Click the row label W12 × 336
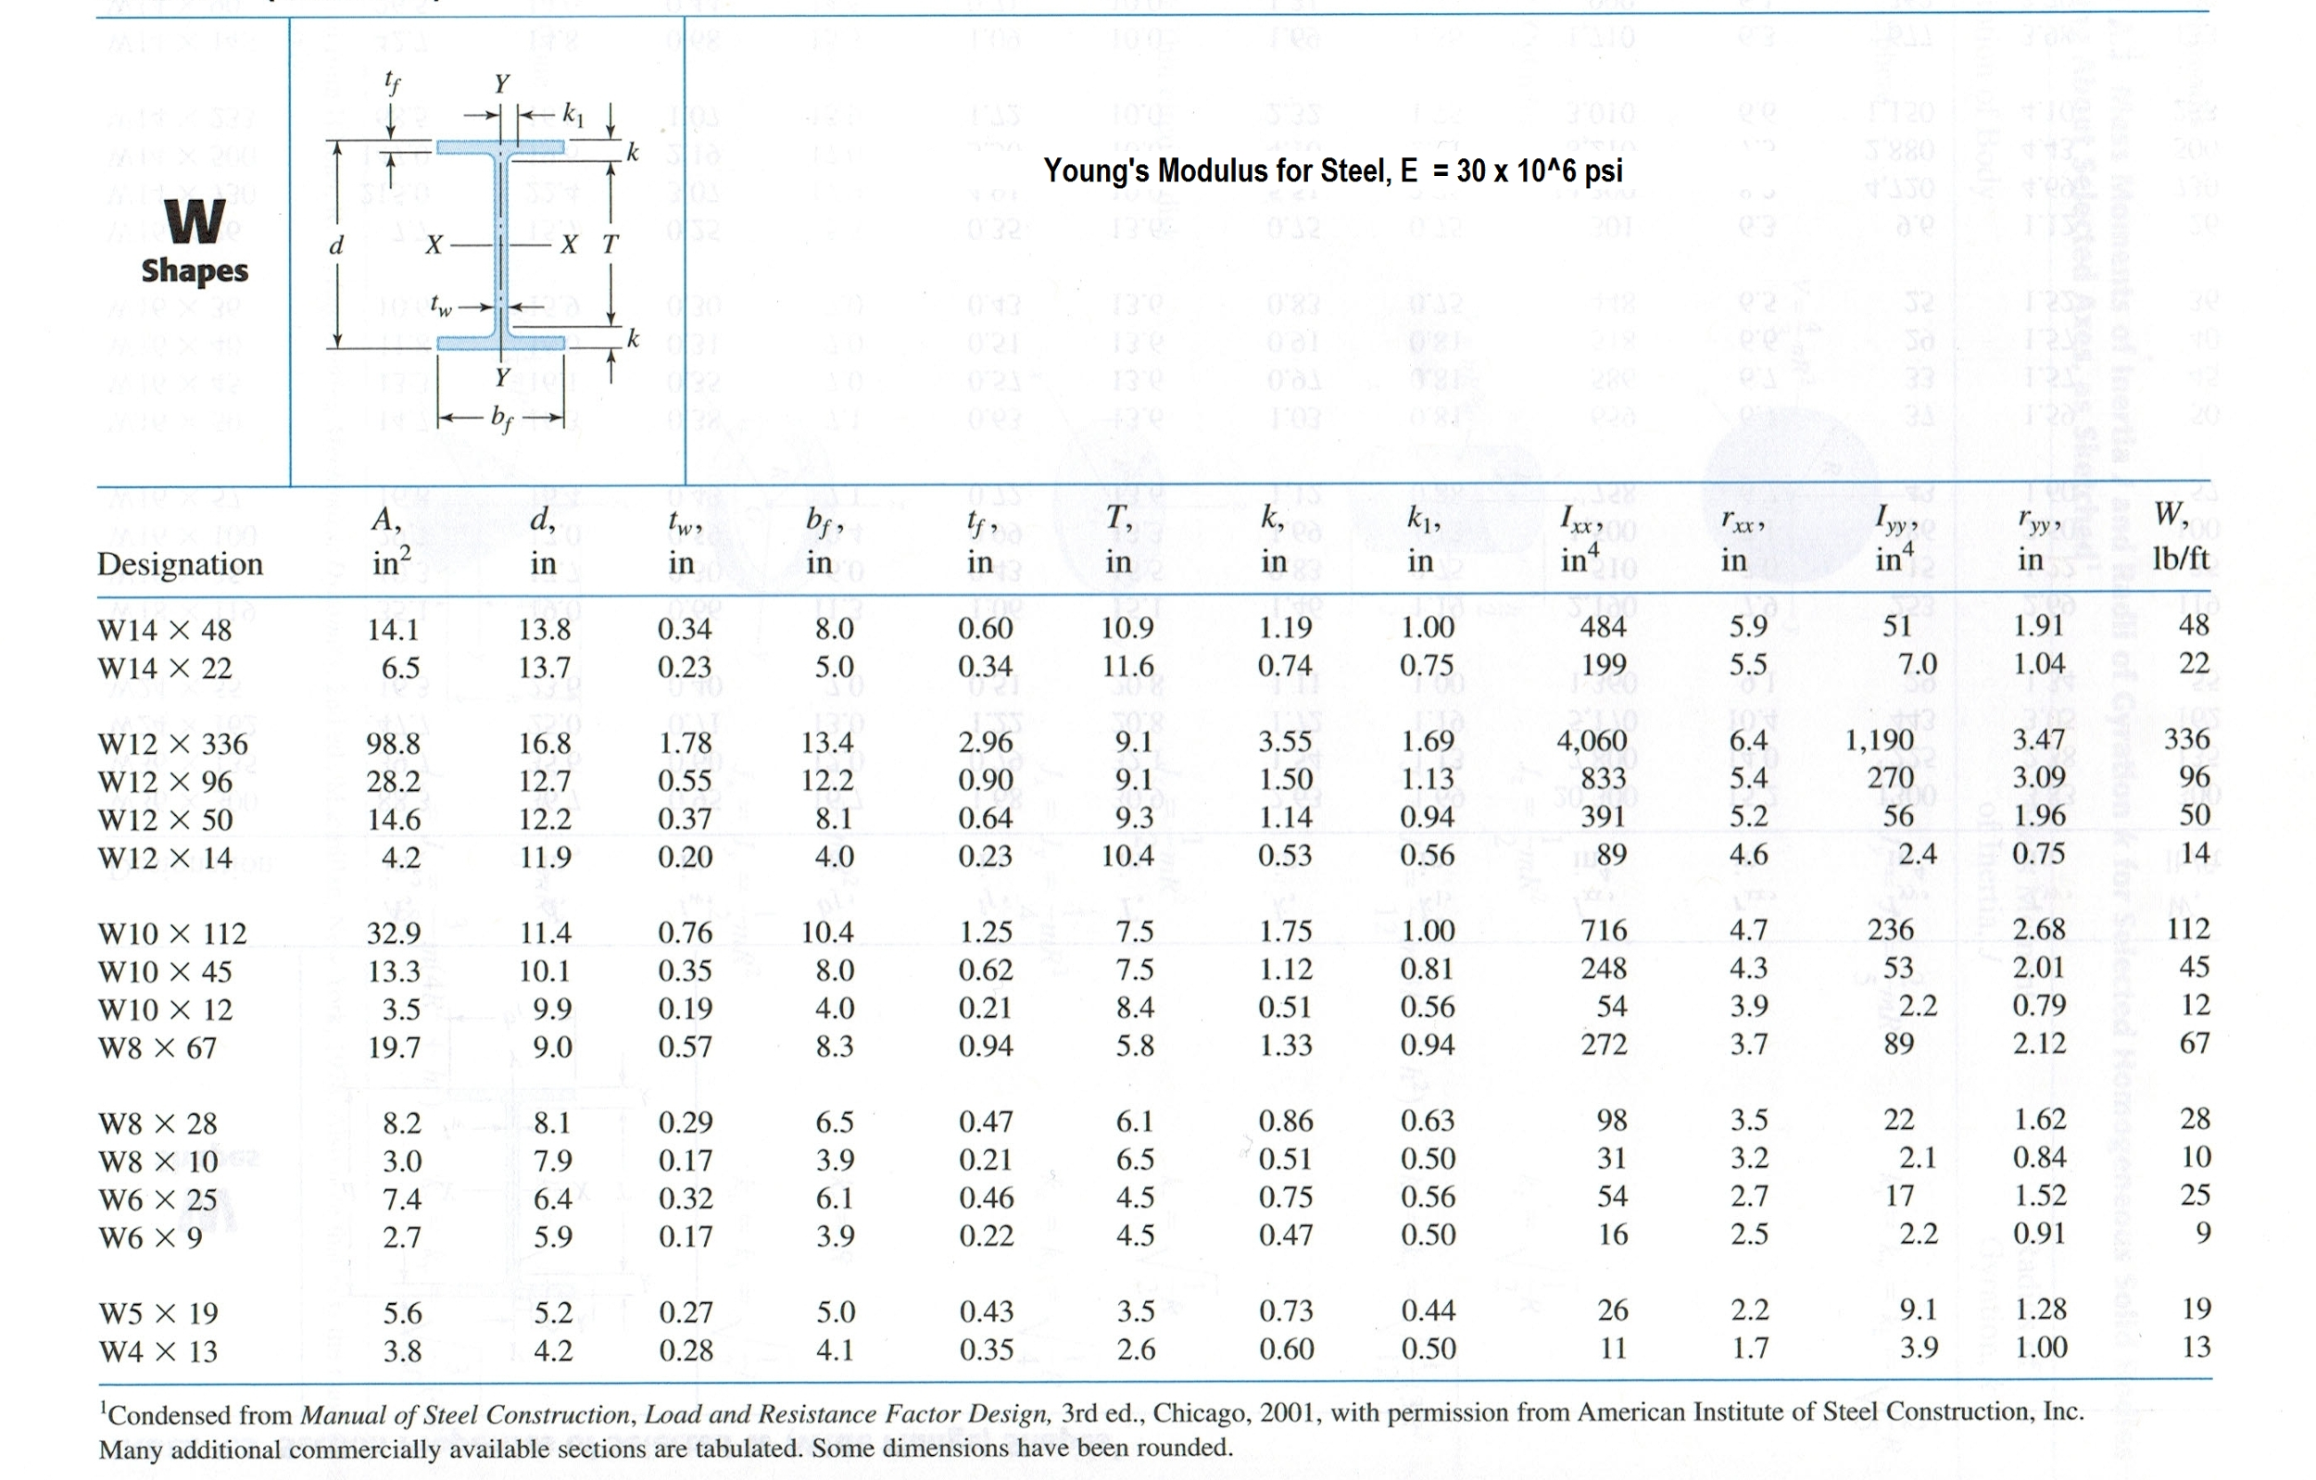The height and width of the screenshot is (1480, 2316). (172, 744)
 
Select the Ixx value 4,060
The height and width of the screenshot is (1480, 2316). (1592, 741)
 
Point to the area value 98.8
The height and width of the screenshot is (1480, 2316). (393, 744)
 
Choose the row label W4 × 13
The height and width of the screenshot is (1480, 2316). (159, 1351)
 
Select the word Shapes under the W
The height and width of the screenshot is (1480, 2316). (195, 271)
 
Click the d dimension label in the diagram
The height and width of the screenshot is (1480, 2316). (335, 246)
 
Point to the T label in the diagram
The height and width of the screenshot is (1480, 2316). (610, 245)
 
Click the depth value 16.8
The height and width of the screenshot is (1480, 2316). (545, 744)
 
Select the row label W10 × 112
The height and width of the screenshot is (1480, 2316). (172, 933)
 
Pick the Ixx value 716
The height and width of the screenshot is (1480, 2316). (1604, 930)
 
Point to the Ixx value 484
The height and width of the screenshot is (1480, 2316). (1604, 627)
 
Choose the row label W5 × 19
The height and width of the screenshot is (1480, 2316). (158, 1312)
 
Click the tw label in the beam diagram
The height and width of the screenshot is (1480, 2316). (440, 307)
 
